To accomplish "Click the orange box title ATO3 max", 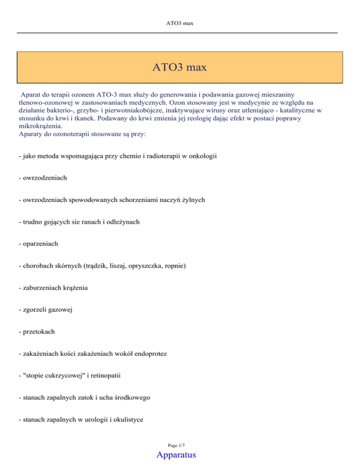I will coord(180,68).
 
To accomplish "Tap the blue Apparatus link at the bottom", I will coord(180,454).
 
